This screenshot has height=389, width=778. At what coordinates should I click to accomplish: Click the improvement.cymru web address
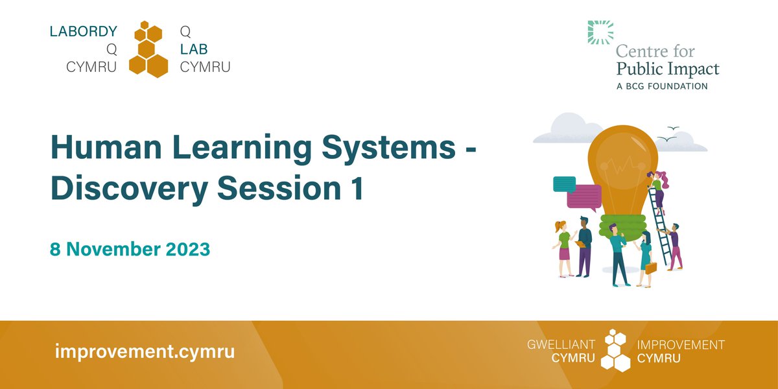pos(145,352)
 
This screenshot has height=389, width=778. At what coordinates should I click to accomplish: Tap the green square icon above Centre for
pos(600,32)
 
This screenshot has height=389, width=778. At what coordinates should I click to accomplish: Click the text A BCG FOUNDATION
pos(661,86)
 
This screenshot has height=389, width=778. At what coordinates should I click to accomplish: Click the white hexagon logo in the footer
pos(613,351)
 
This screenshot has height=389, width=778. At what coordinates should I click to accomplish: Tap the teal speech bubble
pos(564,183)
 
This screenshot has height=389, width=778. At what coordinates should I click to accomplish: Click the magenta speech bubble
pos(584,196)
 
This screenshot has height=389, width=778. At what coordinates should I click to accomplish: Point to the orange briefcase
pos(650,267)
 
